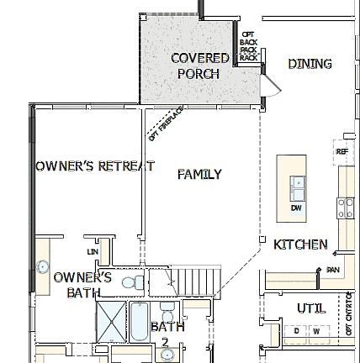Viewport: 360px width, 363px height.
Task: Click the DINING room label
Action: coord(310,64)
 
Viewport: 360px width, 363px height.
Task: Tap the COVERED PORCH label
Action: coord(199,66)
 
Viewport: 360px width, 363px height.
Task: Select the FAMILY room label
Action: coord(199,175)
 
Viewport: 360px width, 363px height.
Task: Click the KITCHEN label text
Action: coord(301,245)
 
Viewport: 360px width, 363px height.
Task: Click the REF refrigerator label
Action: coord(341,152)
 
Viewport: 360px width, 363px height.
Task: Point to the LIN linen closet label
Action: coord(92,250)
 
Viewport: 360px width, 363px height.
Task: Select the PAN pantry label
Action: coord(332,270)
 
